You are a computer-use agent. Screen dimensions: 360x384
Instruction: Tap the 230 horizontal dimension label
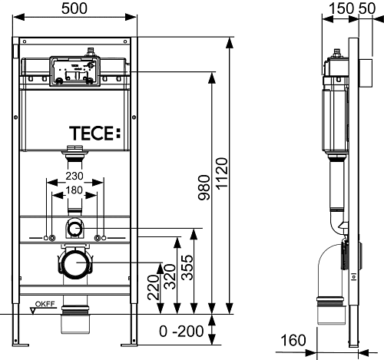(x=74, y=175)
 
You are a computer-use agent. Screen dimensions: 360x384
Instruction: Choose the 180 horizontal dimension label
(x=74, y=190)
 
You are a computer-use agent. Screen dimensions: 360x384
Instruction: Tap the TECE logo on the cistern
(x=96, y=131)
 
